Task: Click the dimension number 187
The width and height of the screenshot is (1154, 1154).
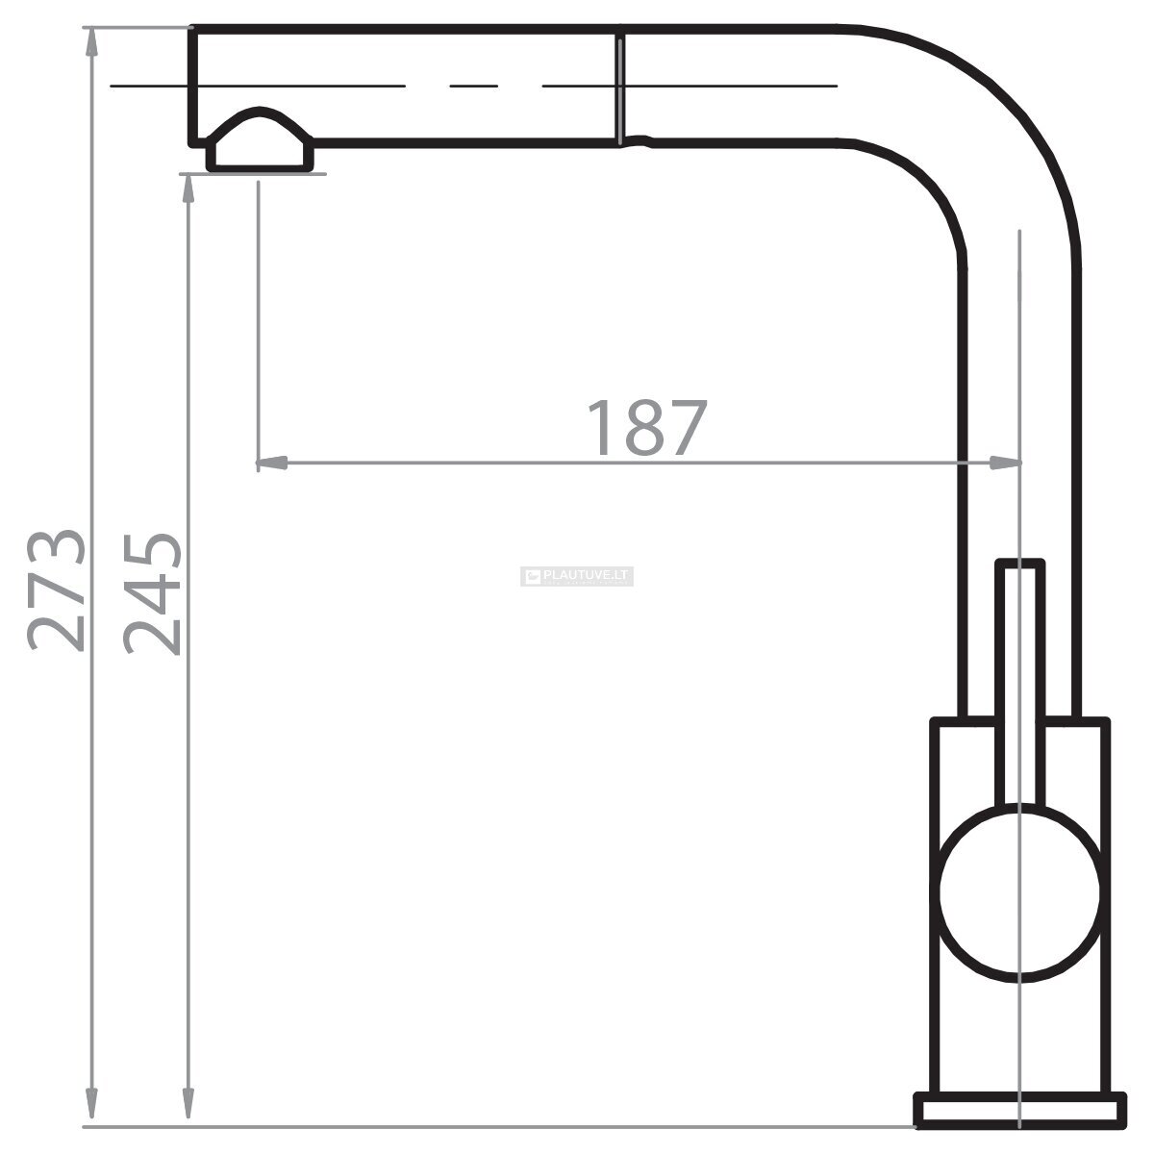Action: [647, 427]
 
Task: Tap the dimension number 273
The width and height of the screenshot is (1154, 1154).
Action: [57, 590]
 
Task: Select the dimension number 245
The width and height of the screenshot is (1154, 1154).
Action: [152, 593]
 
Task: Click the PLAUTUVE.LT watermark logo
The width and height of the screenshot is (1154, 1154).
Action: [577, 576]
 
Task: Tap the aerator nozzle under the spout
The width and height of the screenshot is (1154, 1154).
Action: [260, 140]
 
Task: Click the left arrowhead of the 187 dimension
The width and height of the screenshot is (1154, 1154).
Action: [272, 463]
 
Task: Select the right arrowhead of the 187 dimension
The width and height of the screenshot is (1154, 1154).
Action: [1005, 463]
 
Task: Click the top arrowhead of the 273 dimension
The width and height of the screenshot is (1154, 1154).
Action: [91, 43]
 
